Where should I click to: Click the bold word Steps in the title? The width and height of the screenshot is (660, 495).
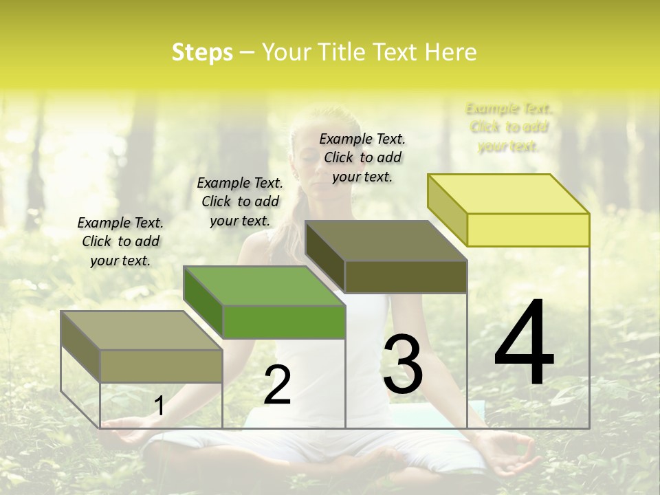pyautogui.click(x=202, y=52)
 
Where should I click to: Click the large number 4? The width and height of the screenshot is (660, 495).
pyautogui.click(x=524, y=343)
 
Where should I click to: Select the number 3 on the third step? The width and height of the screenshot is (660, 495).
pyautogui.click(x=403, y=364)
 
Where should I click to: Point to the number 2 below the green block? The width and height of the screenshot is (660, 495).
pyautogui.click(x=277, y=385)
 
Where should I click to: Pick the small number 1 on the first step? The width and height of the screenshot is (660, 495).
pyautogui.click(x=159, y=406)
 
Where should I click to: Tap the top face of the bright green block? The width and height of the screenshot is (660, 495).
pyautogui.click(x=264, y=286)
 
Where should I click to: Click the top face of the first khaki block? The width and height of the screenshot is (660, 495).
pyautogui.click(x=142, y=331)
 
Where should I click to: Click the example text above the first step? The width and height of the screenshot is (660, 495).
pyautogui.click(x=120, y=241)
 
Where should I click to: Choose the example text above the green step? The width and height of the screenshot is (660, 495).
pyautogui.click(x=240, y=201)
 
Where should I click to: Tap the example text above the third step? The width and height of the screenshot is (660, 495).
pyautogui.click(x=362, y=157)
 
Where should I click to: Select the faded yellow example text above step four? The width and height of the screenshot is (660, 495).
pyautogui.click(x=509, y=127)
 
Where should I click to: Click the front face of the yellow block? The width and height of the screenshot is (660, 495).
pyautogui.click(x=528, y=230)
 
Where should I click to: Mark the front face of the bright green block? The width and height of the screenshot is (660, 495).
pyautogui.click(x=284, y=322)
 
